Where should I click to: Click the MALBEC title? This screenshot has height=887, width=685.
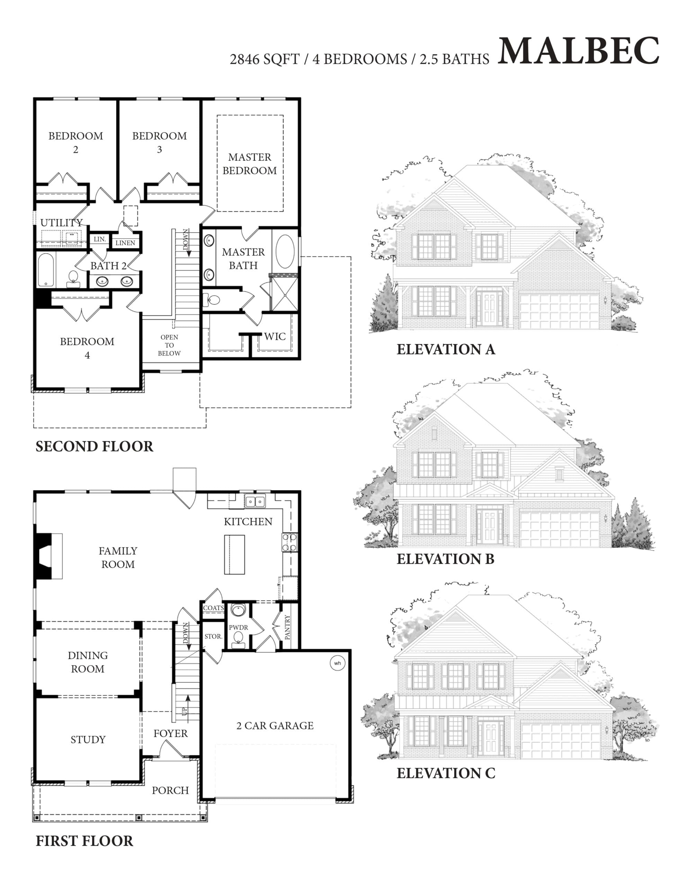[578, 51]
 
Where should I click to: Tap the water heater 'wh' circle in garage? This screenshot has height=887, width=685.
[337, 663]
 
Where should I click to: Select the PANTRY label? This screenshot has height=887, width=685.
[287, 627]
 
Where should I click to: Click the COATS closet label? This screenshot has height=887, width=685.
[214, 608]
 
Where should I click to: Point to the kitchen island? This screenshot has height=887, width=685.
[235, 554]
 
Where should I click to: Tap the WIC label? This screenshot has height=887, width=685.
[275, 336]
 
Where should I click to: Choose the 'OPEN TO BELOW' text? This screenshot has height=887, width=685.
[169, 345]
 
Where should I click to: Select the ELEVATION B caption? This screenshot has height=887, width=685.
[445, 559]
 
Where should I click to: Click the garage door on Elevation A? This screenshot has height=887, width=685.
[559, 311]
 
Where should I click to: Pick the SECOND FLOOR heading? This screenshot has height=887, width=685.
[95, 446]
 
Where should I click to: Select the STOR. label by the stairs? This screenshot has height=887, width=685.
[214, 636]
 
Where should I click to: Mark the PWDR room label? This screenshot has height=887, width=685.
[238, 627]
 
